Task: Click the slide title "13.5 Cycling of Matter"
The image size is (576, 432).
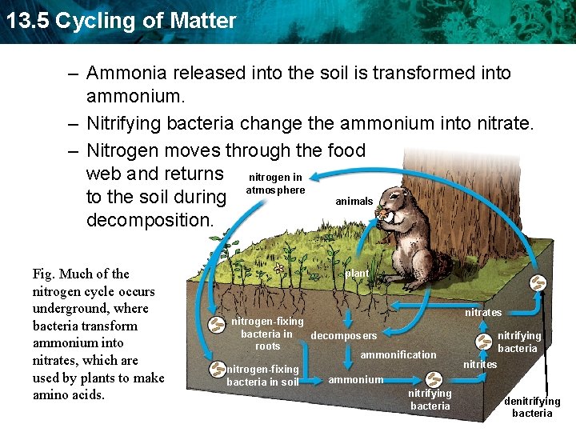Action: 120,21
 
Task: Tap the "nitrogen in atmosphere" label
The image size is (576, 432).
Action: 275,184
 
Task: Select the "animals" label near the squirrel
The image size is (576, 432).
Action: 354,202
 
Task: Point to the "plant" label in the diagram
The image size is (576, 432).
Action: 357,274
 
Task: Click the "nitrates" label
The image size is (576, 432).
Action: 483,312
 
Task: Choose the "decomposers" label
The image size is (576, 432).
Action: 343,335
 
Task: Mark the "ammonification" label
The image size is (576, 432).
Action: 398,354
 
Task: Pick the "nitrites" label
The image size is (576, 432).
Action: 480,365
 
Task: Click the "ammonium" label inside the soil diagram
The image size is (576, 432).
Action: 356,379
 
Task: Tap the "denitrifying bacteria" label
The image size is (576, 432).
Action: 532,407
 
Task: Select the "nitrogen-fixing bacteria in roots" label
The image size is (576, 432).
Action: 267,334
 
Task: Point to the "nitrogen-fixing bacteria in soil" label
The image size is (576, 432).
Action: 262,375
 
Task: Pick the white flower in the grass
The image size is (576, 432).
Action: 278,270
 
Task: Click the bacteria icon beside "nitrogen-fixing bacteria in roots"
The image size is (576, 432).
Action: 217,324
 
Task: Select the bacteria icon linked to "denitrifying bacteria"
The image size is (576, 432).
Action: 540,283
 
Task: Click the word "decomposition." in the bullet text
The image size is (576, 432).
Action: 150,219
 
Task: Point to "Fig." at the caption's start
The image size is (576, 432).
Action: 44,274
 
